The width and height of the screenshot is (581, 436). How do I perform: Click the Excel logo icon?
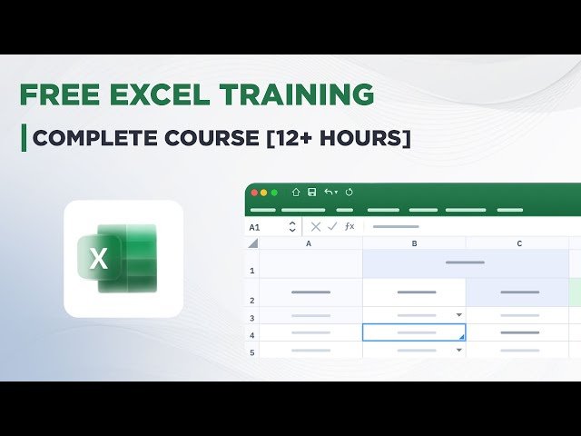coord(123,258)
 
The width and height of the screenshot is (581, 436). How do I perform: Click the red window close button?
coord(254,193)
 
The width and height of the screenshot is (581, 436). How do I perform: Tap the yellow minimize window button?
coord(264,193)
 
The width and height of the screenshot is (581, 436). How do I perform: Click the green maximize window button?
coord(274,193)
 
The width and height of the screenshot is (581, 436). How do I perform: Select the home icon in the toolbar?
coord(296,193)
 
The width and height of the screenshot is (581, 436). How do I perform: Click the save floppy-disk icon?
coord(311,193)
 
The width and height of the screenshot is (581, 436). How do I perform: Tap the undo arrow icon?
coord(329,193)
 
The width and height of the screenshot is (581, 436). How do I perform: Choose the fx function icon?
coord(350,227)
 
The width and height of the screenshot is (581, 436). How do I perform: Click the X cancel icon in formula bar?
coord(316,227)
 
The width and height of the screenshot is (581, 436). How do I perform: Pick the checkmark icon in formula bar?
coord(332,227)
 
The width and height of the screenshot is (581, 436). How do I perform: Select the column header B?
coord(414,243)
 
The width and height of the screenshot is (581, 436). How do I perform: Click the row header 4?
coord(252,334)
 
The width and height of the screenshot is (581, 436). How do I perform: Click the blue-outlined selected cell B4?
coord(414,332)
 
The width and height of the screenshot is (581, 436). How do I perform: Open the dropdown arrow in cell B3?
coord(458,315)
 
